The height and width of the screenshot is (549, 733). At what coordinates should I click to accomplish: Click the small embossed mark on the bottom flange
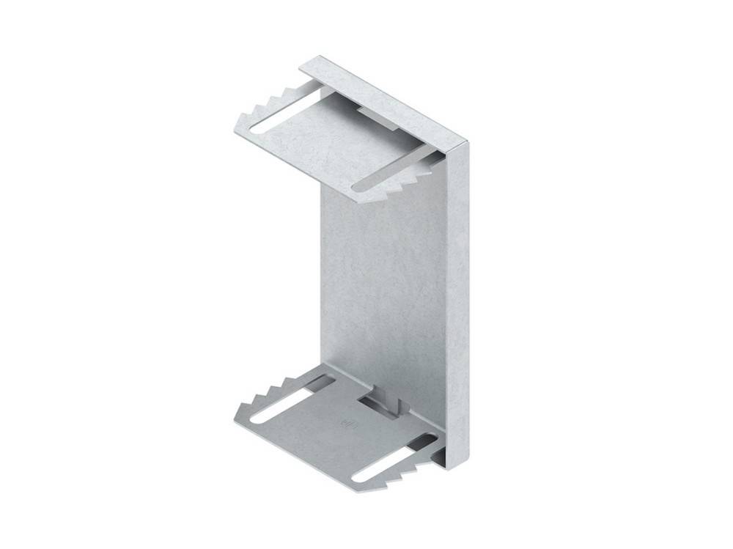(347, 423)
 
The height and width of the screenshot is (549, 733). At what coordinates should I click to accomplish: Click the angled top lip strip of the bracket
(388, 98)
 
